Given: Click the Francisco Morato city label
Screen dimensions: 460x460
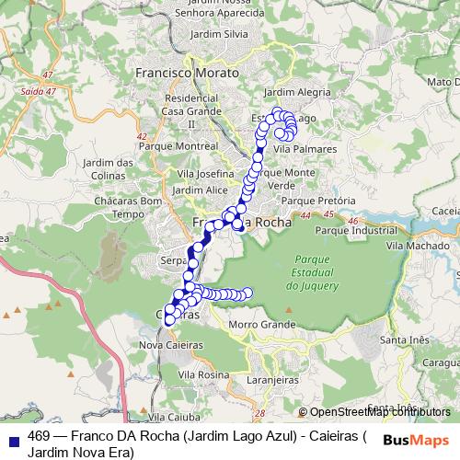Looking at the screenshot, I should click(186, 71).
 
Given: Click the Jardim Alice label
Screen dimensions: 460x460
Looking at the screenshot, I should click(200, 190).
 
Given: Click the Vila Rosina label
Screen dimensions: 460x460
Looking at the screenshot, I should click(203, 374).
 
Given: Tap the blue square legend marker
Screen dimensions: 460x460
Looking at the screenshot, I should click(16, 437).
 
